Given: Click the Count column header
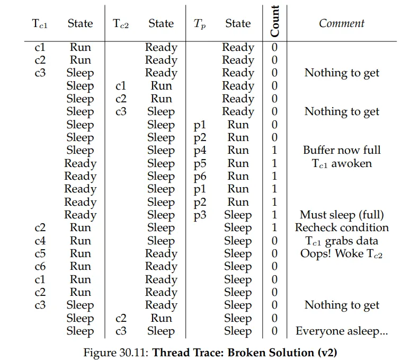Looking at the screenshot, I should click(x=274, y=22).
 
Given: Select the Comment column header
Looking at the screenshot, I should click(x=342, y=23).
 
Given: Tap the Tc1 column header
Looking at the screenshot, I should click(x=40, y=24).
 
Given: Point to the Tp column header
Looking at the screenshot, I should click(x=199, y=24).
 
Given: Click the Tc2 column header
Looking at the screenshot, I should click(x=121, y=24).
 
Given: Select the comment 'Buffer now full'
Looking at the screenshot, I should click(x=342, y=150).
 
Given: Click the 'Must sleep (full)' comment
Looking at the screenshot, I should click(x=342, y=215).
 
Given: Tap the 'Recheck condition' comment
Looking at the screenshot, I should click(x=342, y=227).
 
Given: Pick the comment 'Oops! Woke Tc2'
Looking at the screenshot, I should click(x=342, y=253).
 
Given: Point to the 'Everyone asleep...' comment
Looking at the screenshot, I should click(x=342, y=331).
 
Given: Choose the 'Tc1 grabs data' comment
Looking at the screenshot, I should click(x=342, y=241).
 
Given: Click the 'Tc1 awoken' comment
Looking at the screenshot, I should click(x=342, y=163).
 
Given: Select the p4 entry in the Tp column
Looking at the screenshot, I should click(x=200, y=151).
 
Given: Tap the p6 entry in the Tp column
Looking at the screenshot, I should click(x=200, y=177).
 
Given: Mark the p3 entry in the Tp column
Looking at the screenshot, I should click(x=200, y=215).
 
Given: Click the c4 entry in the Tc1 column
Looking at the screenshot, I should click(x=40, y=241).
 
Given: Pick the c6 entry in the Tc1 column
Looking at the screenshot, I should click(x=40, y=267).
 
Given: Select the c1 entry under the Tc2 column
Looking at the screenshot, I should click(x=121, y=86).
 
